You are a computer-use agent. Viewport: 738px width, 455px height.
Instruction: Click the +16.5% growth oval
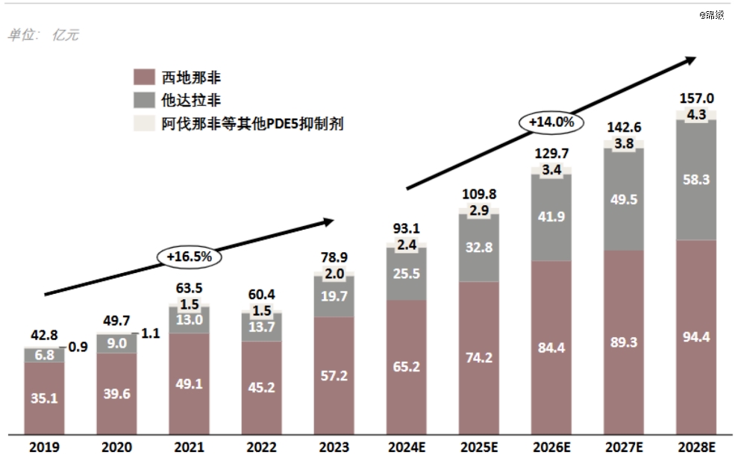[x=190, y=256]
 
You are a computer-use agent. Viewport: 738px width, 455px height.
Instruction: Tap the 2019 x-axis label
[x=44, y=447]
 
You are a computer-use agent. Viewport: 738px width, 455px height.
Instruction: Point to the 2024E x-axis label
[x=407, y=447]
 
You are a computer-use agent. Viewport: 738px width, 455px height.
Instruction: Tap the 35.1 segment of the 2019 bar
[x=44, y=398]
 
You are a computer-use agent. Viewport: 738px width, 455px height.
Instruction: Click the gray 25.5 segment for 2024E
[x=407, y=274]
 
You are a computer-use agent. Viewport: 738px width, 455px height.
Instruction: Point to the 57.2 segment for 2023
[x=334, y=375]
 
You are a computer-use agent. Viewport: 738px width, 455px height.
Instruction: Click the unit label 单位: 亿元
[x=43, y=35]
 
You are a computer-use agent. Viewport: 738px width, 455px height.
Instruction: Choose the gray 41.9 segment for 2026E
[x=552, y=218]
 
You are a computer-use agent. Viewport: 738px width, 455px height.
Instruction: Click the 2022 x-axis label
[x=262, y=447]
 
